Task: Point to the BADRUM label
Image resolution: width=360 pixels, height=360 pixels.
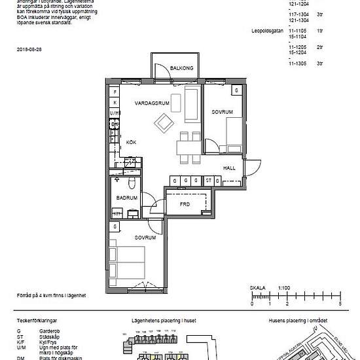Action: tap(126, 198)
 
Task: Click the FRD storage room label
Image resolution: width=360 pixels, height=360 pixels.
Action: tap(185, 204)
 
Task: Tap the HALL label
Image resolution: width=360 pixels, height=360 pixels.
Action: tap(229, 168)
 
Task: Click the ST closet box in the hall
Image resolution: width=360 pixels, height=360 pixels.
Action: tap(208, 180)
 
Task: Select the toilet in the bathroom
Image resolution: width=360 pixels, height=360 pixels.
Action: tap(131, 181)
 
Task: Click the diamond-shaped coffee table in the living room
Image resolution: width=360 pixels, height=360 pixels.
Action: tap(162, 121)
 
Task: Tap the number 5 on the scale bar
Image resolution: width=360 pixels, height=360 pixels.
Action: tap(340, 304)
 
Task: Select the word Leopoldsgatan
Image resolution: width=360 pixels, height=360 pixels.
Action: tap(268, 31)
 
